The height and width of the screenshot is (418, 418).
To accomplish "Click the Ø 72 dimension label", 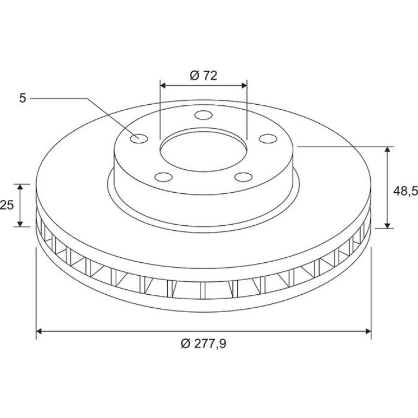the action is point(204,75).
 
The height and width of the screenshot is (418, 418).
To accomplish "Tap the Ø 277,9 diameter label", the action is point(204,343).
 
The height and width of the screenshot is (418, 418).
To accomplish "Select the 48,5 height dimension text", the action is point(406,191).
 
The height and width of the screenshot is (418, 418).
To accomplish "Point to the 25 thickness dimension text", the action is point(7,205).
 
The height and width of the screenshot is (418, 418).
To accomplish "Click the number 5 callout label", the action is point(23,98).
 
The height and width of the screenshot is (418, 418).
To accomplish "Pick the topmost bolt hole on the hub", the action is point(204,115).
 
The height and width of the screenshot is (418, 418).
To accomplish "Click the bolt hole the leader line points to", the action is point(139,138).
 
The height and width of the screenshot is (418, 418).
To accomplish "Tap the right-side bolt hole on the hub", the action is point(268,138).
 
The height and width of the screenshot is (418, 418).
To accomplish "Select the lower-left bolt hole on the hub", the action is point(163,177).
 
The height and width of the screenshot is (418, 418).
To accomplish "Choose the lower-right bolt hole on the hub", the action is point(243,177).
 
